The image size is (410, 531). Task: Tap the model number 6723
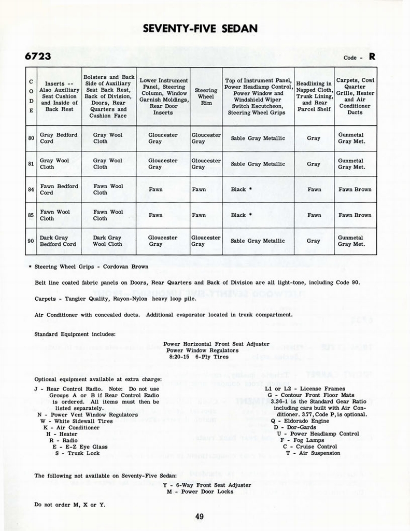[38, 56]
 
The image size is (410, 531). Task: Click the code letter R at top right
[372, 57]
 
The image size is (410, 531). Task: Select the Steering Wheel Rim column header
[206, 96]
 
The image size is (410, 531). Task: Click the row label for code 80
[31, 138]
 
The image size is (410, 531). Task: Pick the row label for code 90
[31, 241]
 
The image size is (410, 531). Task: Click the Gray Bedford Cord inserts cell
[59, 138]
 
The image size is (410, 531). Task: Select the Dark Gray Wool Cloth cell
[108, 241]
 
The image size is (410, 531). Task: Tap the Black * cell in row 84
[242, 189]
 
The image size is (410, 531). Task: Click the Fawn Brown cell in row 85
[355, 215]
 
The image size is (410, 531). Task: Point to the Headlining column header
[314, 96]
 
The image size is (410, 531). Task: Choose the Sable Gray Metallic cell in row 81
[258, 164]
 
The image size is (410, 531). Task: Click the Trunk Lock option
[78, 453]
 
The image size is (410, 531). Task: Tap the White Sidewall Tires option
[76, 421]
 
